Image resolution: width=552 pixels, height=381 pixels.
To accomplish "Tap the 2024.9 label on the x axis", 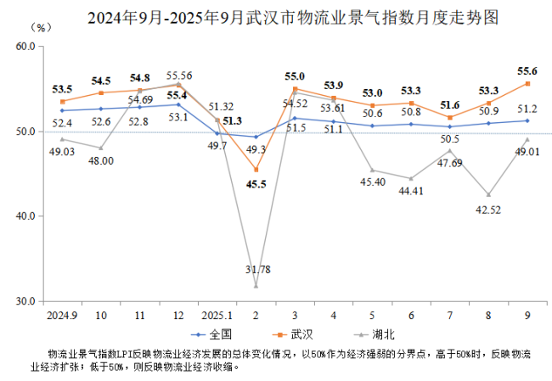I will pyautogui.click(x=62, y=315).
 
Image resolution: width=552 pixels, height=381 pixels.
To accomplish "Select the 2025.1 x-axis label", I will pyautogui.click(x=217, y=315).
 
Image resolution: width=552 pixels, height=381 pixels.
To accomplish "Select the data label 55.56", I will pyautogui.click(x=179, y=74).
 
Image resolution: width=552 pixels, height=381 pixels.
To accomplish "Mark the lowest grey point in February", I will pyautogui.click(x=256, y=286).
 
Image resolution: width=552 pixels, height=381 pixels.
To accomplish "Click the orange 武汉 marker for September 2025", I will pyautogui.click(x=527, y=83).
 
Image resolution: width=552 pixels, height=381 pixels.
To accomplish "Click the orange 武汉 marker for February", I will pyautogui.click(x=256, y=170).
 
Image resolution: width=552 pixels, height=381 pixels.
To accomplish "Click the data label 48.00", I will pyautogui.click(x=101, y=162).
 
